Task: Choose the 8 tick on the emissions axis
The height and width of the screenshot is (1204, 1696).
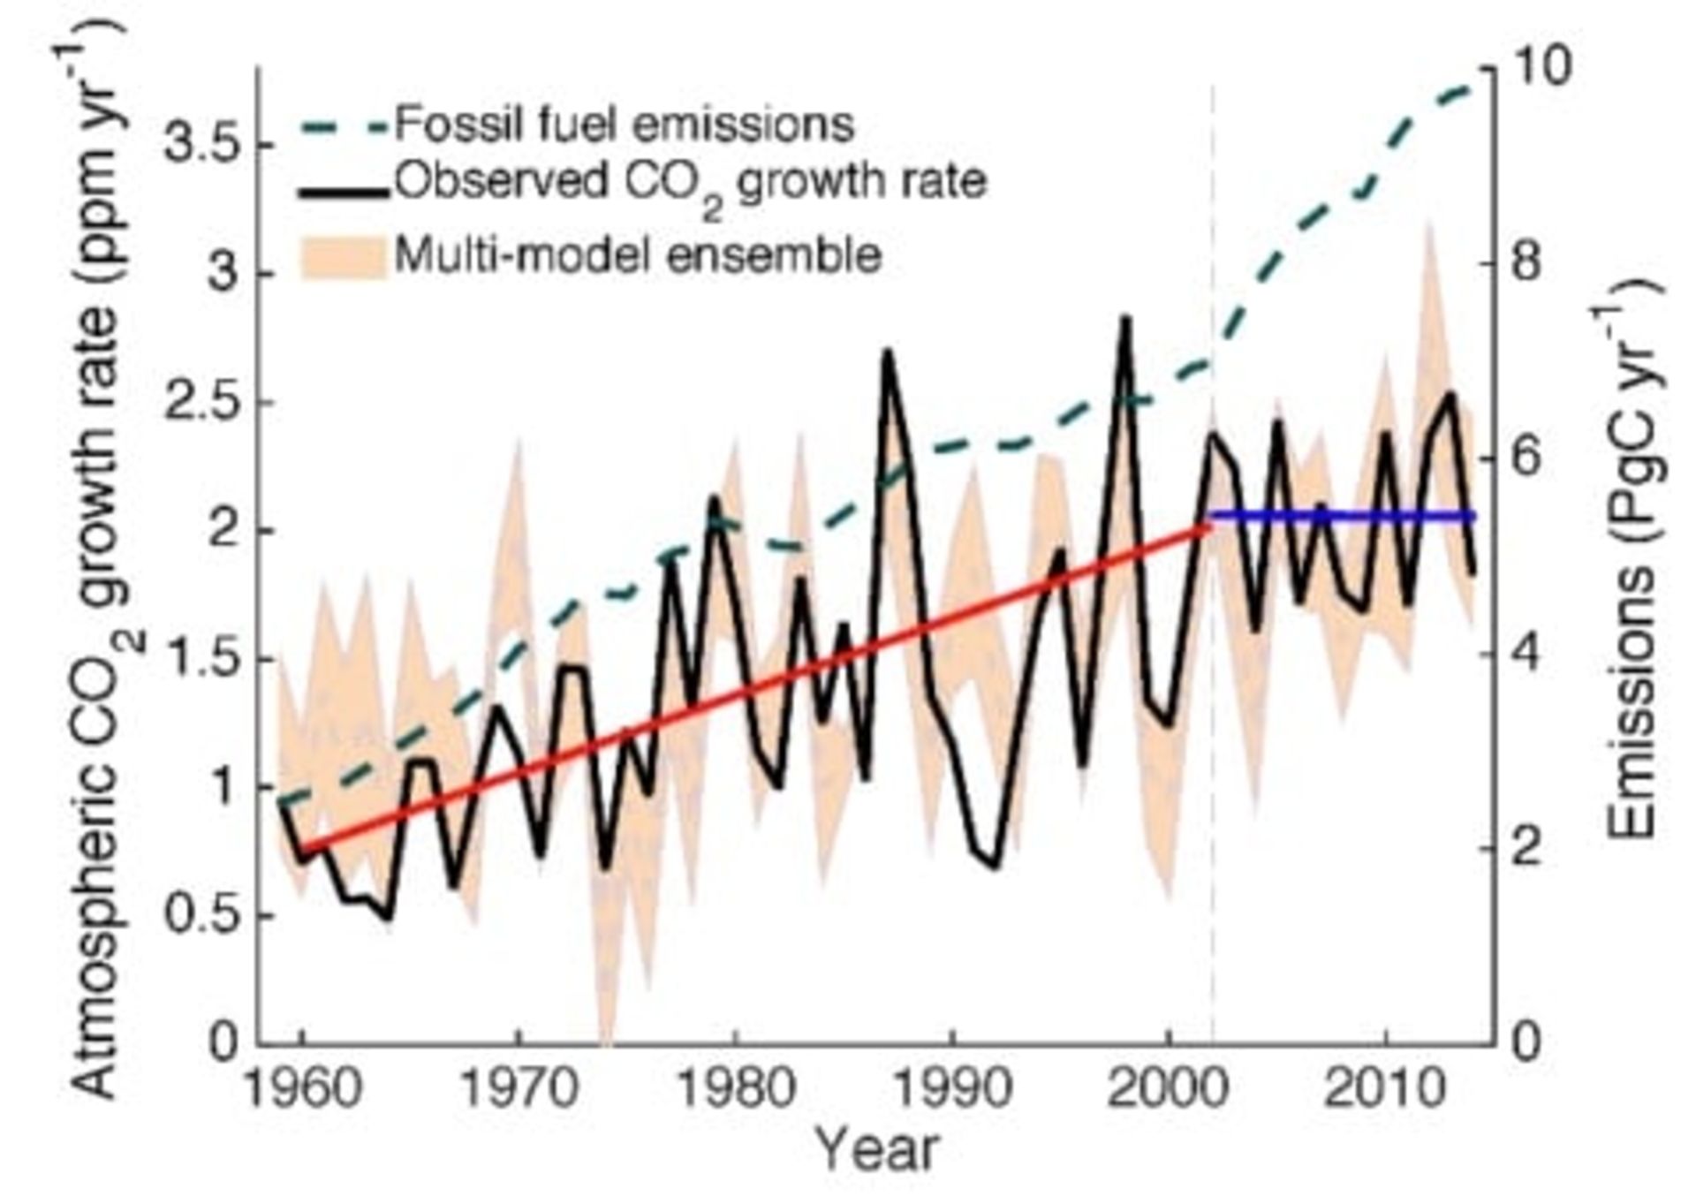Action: pyautogui.click(x=1526, y=262)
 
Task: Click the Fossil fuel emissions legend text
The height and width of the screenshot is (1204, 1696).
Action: pyautogui.click(x=624, y=125)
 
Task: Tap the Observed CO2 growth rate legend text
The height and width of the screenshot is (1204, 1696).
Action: pyautogui.click(x=689, y=184)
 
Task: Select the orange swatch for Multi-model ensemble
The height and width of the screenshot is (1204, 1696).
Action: pyautogui.click(x=344, y=257)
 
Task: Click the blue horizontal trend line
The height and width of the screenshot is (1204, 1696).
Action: pyautogui.click(x=1343, y=515)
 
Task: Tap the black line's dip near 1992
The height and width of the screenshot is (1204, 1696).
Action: pyautogui.click(x=996, y=866)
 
